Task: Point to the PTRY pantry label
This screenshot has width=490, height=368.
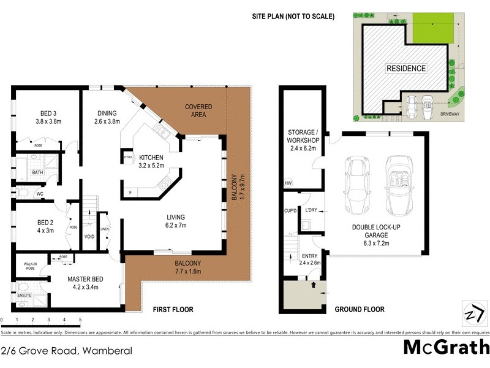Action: [127, 156]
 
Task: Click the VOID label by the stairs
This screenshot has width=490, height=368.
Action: [89, 235]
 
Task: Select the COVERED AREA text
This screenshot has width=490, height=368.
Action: [198, 110]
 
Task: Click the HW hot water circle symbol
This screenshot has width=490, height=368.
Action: [288, 183]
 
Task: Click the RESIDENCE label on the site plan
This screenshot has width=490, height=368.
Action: [405, 68]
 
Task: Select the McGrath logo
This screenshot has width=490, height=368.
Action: [446, 347]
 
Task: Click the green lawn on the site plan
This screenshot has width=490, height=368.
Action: [432, 30]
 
